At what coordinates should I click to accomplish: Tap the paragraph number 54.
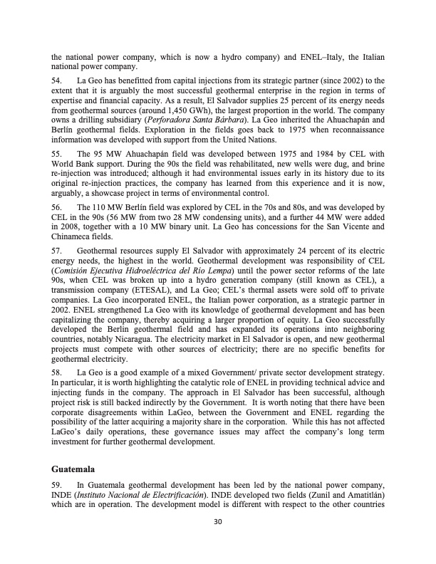pos(58,81)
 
